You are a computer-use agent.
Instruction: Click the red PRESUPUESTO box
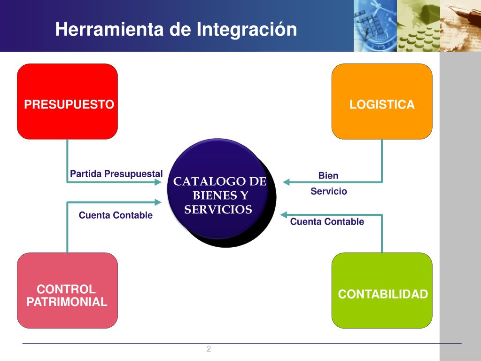click(x=67, y=101)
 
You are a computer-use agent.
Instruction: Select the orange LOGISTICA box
click(x=382, y=101)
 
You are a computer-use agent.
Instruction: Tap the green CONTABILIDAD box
click(x=382, y=290)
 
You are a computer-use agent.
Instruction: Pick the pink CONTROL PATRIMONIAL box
click(x=67, y=290)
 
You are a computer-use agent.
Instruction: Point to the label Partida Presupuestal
click(x=116, y=174)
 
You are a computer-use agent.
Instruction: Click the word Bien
click(x=328, y=176)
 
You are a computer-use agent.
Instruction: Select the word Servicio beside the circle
click(x=329, y=191)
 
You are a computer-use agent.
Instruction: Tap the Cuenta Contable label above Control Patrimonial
click(x=116, y=215)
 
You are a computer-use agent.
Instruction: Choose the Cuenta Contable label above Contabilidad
click(x=327, y=222)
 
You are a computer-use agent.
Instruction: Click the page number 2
click(x=209, y=348)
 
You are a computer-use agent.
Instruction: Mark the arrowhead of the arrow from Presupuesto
click(x=158, y=182)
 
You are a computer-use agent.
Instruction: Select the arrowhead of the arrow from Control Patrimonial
click(x=158, y=203)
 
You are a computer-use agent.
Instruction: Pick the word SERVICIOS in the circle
click(x=218, y=210)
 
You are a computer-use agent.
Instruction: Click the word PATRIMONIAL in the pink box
click(x=67, y=302)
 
